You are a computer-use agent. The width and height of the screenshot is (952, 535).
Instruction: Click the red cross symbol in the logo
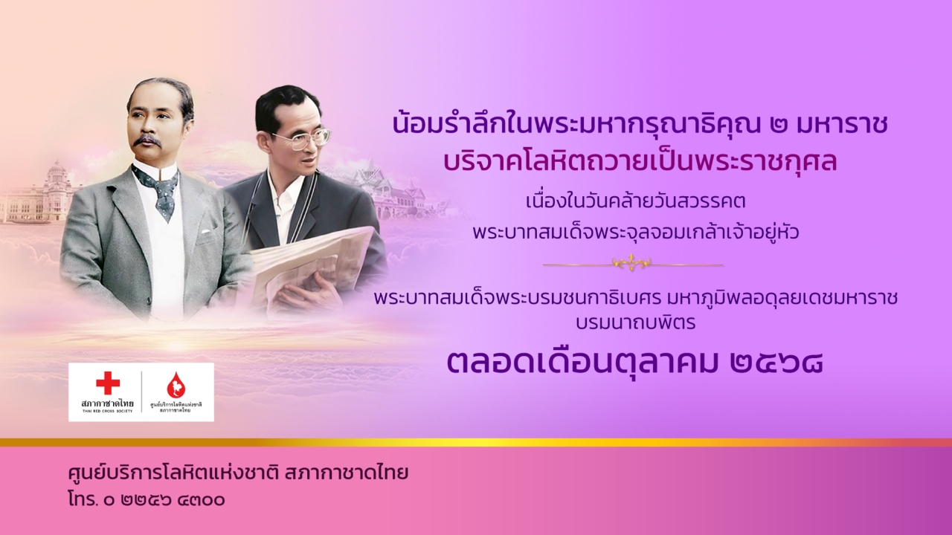(x=108, y=383)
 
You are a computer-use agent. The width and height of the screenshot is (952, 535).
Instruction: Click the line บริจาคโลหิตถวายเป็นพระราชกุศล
(x=640, y=162)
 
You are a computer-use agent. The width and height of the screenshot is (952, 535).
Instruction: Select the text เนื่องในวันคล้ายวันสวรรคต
(x=636, y=201)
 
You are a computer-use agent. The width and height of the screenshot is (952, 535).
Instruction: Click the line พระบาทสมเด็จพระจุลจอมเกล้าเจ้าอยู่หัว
(x=636, y=232)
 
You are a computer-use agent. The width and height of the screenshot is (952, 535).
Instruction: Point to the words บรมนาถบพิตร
(x=636, y=322)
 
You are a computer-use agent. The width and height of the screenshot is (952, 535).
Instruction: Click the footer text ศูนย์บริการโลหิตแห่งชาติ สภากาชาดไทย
(x=238, y=474)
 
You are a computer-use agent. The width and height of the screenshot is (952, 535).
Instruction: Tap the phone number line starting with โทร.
(x=147, y=500)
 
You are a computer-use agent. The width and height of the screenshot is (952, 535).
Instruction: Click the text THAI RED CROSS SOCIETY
(x=107, y=411)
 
